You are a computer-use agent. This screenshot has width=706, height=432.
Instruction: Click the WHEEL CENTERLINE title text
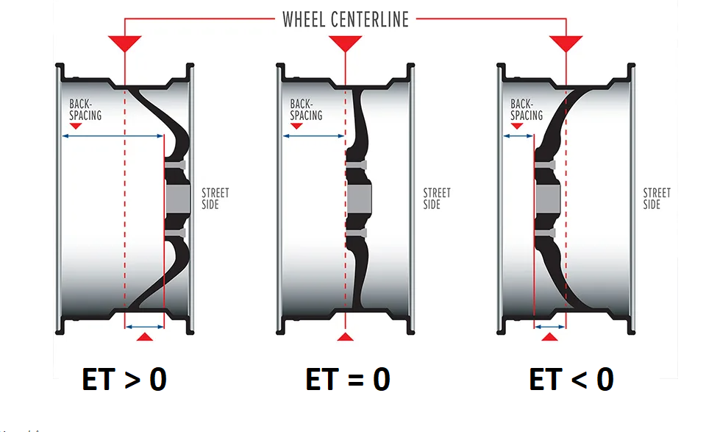pyautogui.click(x=345, y=19)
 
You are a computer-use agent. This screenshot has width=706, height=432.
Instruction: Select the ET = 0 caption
pyautogui.click(x=347, y=380)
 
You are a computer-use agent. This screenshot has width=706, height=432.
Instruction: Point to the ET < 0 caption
pyautogui.click(x=571, y=380)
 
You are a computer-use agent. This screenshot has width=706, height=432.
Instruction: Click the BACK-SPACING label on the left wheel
pyautogui.click(x=85, y=110)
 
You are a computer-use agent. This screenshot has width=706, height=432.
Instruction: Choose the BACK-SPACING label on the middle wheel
pyautogui.click(x=306, y=110)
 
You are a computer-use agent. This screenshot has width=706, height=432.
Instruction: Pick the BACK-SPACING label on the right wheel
pyautogui.click(x=527, y=110)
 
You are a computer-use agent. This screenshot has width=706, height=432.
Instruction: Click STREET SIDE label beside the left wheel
pyautogui.click(x=215, y=199)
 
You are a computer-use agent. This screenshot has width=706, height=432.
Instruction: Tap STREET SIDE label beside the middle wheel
pyautogui.click(x=437, y=199)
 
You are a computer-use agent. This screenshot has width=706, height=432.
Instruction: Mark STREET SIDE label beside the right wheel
pyautogui.click(x=657, y=199)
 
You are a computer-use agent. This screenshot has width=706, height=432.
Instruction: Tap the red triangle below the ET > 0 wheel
pyautogui.click(x=145, y=336)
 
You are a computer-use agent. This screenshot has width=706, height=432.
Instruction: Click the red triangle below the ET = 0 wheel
pyautogui.click(x=346, y=336)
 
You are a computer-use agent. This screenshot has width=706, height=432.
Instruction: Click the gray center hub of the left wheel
pyautogui.click(x=177, y=199)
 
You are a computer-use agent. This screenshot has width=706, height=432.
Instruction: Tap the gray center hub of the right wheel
pyautogui.click(x=548, y=199)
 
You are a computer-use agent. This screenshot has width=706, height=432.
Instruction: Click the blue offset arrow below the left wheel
pyautogui.click(x=145, y=326)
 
